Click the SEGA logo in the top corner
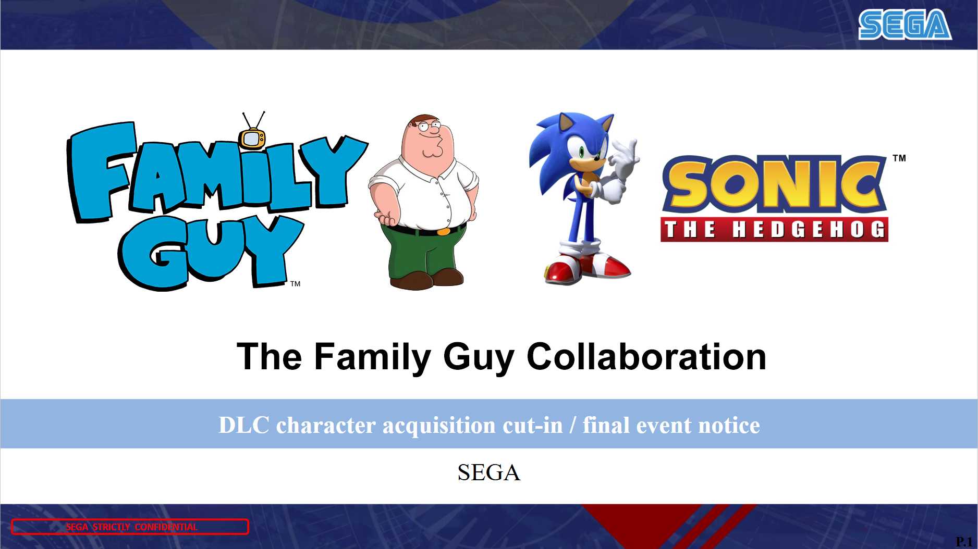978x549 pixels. coord(905,24)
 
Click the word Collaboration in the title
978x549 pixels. coord(646,357)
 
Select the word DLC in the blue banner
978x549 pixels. coord(243,425)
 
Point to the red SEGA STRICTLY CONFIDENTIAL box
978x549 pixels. coord(130,527)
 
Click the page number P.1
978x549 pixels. coord(964,542)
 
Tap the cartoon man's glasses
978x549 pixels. coord(429,126)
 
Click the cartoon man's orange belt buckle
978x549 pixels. coord(444,231)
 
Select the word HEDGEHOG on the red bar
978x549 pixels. coord(809,230)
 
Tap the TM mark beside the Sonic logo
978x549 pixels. coord(899,158)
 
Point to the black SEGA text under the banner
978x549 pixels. coord(489,472)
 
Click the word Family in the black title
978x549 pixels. coord(373,358)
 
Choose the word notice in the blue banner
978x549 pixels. coord(729,426)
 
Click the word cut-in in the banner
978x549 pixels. coord(533,426)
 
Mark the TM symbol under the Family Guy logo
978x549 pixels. coord(296,284)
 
